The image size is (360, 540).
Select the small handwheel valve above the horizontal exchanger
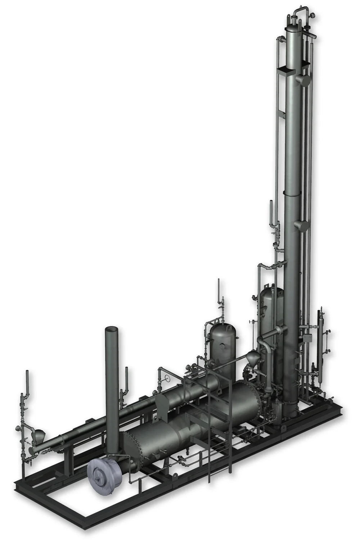click(166, 378)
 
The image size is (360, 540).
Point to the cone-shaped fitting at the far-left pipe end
click(37, 435)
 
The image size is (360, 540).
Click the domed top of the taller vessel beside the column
click(271, 290)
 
